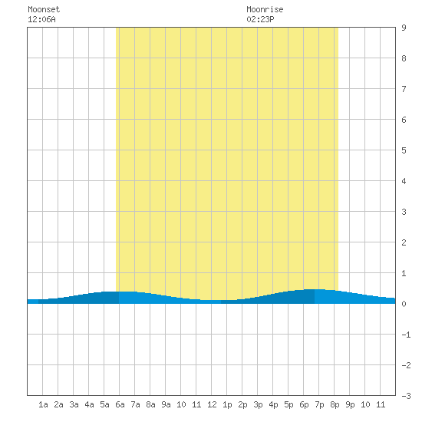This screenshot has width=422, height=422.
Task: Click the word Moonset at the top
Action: (44, 9)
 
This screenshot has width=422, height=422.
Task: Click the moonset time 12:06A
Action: (41, 19)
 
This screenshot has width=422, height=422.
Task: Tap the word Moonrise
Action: (265, 9)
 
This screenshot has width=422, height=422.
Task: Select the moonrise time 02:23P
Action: (260, 19)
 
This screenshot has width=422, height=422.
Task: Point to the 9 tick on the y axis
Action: (404, 28)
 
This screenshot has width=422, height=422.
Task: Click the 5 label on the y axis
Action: (404, 150)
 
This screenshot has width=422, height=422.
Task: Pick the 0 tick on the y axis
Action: (404, 304)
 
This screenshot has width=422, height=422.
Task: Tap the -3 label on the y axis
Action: (406, 396)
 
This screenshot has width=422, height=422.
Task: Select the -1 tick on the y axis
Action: (406, 335)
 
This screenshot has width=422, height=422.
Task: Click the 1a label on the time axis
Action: (43, 404)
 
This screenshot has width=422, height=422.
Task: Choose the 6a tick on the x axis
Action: (120, 404)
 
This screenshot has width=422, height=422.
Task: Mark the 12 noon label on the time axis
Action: (212, 404)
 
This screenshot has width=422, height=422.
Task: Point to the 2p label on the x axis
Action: (242, 404)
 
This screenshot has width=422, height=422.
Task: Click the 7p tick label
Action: (319, 404)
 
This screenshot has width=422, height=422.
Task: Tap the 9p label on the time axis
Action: (350, 404)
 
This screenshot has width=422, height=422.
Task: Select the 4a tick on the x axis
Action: (89, 404)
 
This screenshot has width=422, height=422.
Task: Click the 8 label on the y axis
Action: (404, 58)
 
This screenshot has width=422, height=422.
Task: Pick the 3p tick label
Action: (258, 404)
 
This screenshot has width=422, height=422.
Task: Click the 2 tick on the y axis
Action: (404, 242)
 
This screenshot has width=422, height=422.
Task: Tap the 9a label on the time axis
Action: (166, 404)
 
